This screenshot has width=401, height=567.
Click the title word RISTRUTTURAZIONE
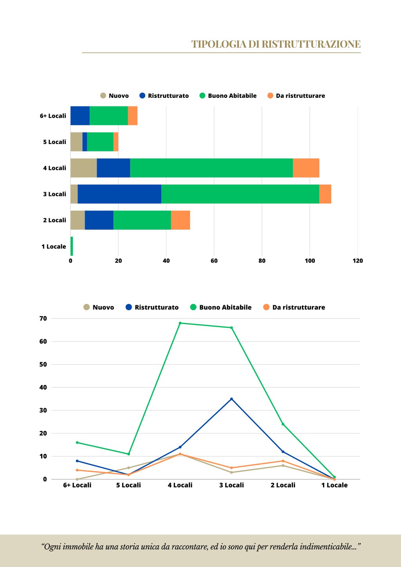coord(311,44)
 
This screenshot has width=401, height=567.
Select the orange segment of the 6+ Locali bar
coord(133,116)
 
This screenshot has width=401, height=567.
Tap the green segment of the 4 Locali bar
coord(211,168)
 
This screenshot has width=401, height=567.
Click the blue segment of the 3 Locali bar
coord(119,194)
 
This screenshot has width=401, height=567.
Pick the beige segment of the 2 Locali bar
coord(78,220)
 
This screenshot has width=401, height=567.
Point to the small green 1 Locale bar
coord(72,246)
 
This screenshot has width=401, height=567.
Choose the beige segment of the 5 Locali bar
coord(76,142)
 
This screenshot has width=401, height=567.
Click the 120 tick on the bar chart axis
coord(358,261)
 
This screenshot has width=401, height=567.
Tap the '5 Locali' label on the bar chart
coord(54,142)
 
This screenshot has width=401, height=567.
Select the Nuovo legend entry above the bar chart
coord(114,96)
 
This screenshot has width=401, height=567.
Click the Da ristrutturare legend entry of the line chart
coord(294,308)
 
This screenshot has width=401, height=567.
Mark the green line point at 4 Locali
coord(180,323)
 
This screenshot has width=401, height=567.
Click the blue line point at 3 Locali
coord(231,399)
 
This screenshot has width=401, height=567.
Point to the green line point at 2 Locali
coord(283,424)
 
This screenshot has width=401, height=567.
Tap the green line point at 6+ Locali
coord(77,443)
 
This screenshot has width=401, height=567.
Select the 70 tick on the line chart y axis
coord(43,319)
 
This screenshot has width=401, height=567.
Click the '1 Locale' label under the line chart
coord(334,485)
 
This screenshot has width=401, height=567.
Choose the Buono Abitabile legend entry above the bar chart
coord(228,96)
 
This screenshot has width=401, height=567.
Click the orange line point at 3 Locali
coord(231,468)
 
